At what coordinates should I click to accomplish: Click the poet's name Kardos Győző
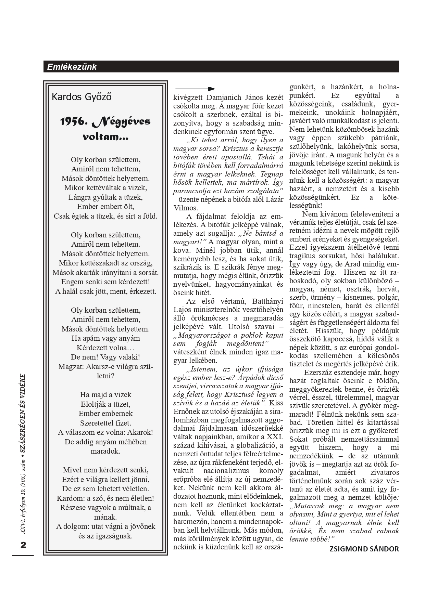coord(82,97)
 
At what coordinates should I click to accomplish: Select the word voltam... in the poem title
coord(105,137)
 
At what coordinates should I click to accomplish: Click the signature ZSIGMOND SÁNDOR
coord(364,549)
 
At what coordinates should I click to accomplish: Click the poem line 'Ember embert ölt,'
coord(105,207)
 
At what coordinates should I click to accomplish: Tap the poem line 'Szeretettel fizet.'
coord(105,422)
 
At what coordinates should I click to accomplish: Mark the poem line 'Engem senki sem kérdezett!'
coord(105,282)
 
